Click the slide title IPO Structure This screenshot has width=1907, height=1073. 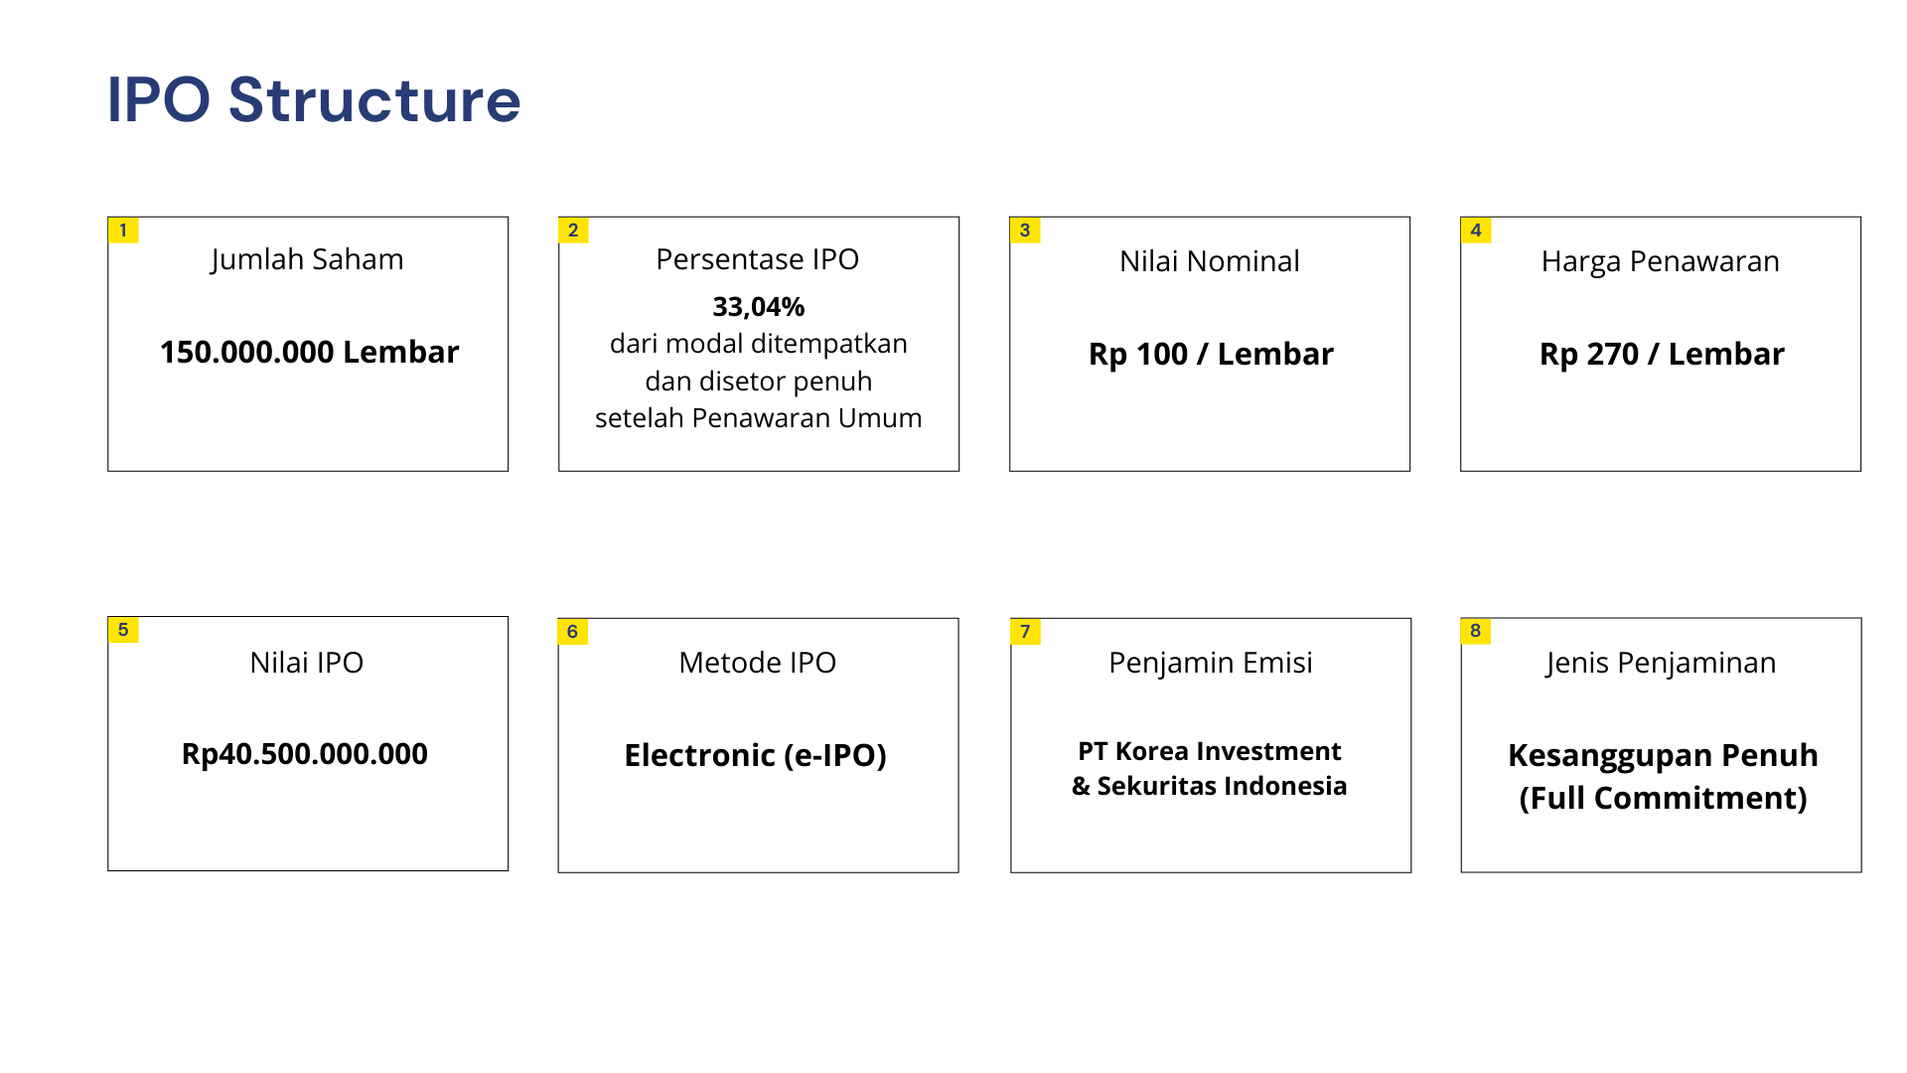314,99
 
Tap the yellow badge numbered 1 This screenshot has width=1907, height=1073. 123,230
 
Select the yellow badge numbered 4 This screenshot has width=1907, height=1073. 1476,230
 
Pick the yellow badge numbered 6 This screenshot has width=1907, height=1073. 573,632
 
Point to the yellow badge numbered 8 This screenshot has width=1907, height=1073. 1476,631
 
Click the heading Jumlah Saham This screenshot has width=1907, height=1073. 307,260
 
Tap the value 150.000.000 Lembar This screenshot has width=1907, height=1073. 309,352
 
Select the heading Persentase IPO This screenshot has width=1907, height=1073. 758,259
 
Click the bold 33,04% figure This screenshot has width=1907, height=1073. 759,307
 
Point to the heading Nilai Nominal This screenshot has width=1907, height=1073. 1210,261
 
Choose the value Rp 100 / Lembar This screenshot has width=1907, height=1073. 1211,354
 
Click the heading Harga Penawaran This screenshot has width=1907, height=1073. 1661,262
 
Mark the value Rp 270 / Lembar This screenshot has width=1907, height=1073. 1662,354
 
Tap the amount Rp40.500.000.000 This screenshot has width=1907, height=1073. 305,754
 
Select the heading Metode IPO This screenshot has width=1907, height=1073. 758,663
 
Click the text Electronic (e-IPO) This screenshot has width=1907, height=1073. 756,756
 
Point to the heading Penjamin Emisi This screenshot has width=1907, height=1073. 1211,664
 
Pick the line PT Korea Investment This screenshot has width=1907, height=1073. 1210,751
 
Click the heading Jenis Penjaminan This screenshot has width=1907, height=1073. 1661,664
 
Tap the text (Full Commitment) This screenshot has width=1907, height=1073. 1664,799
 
